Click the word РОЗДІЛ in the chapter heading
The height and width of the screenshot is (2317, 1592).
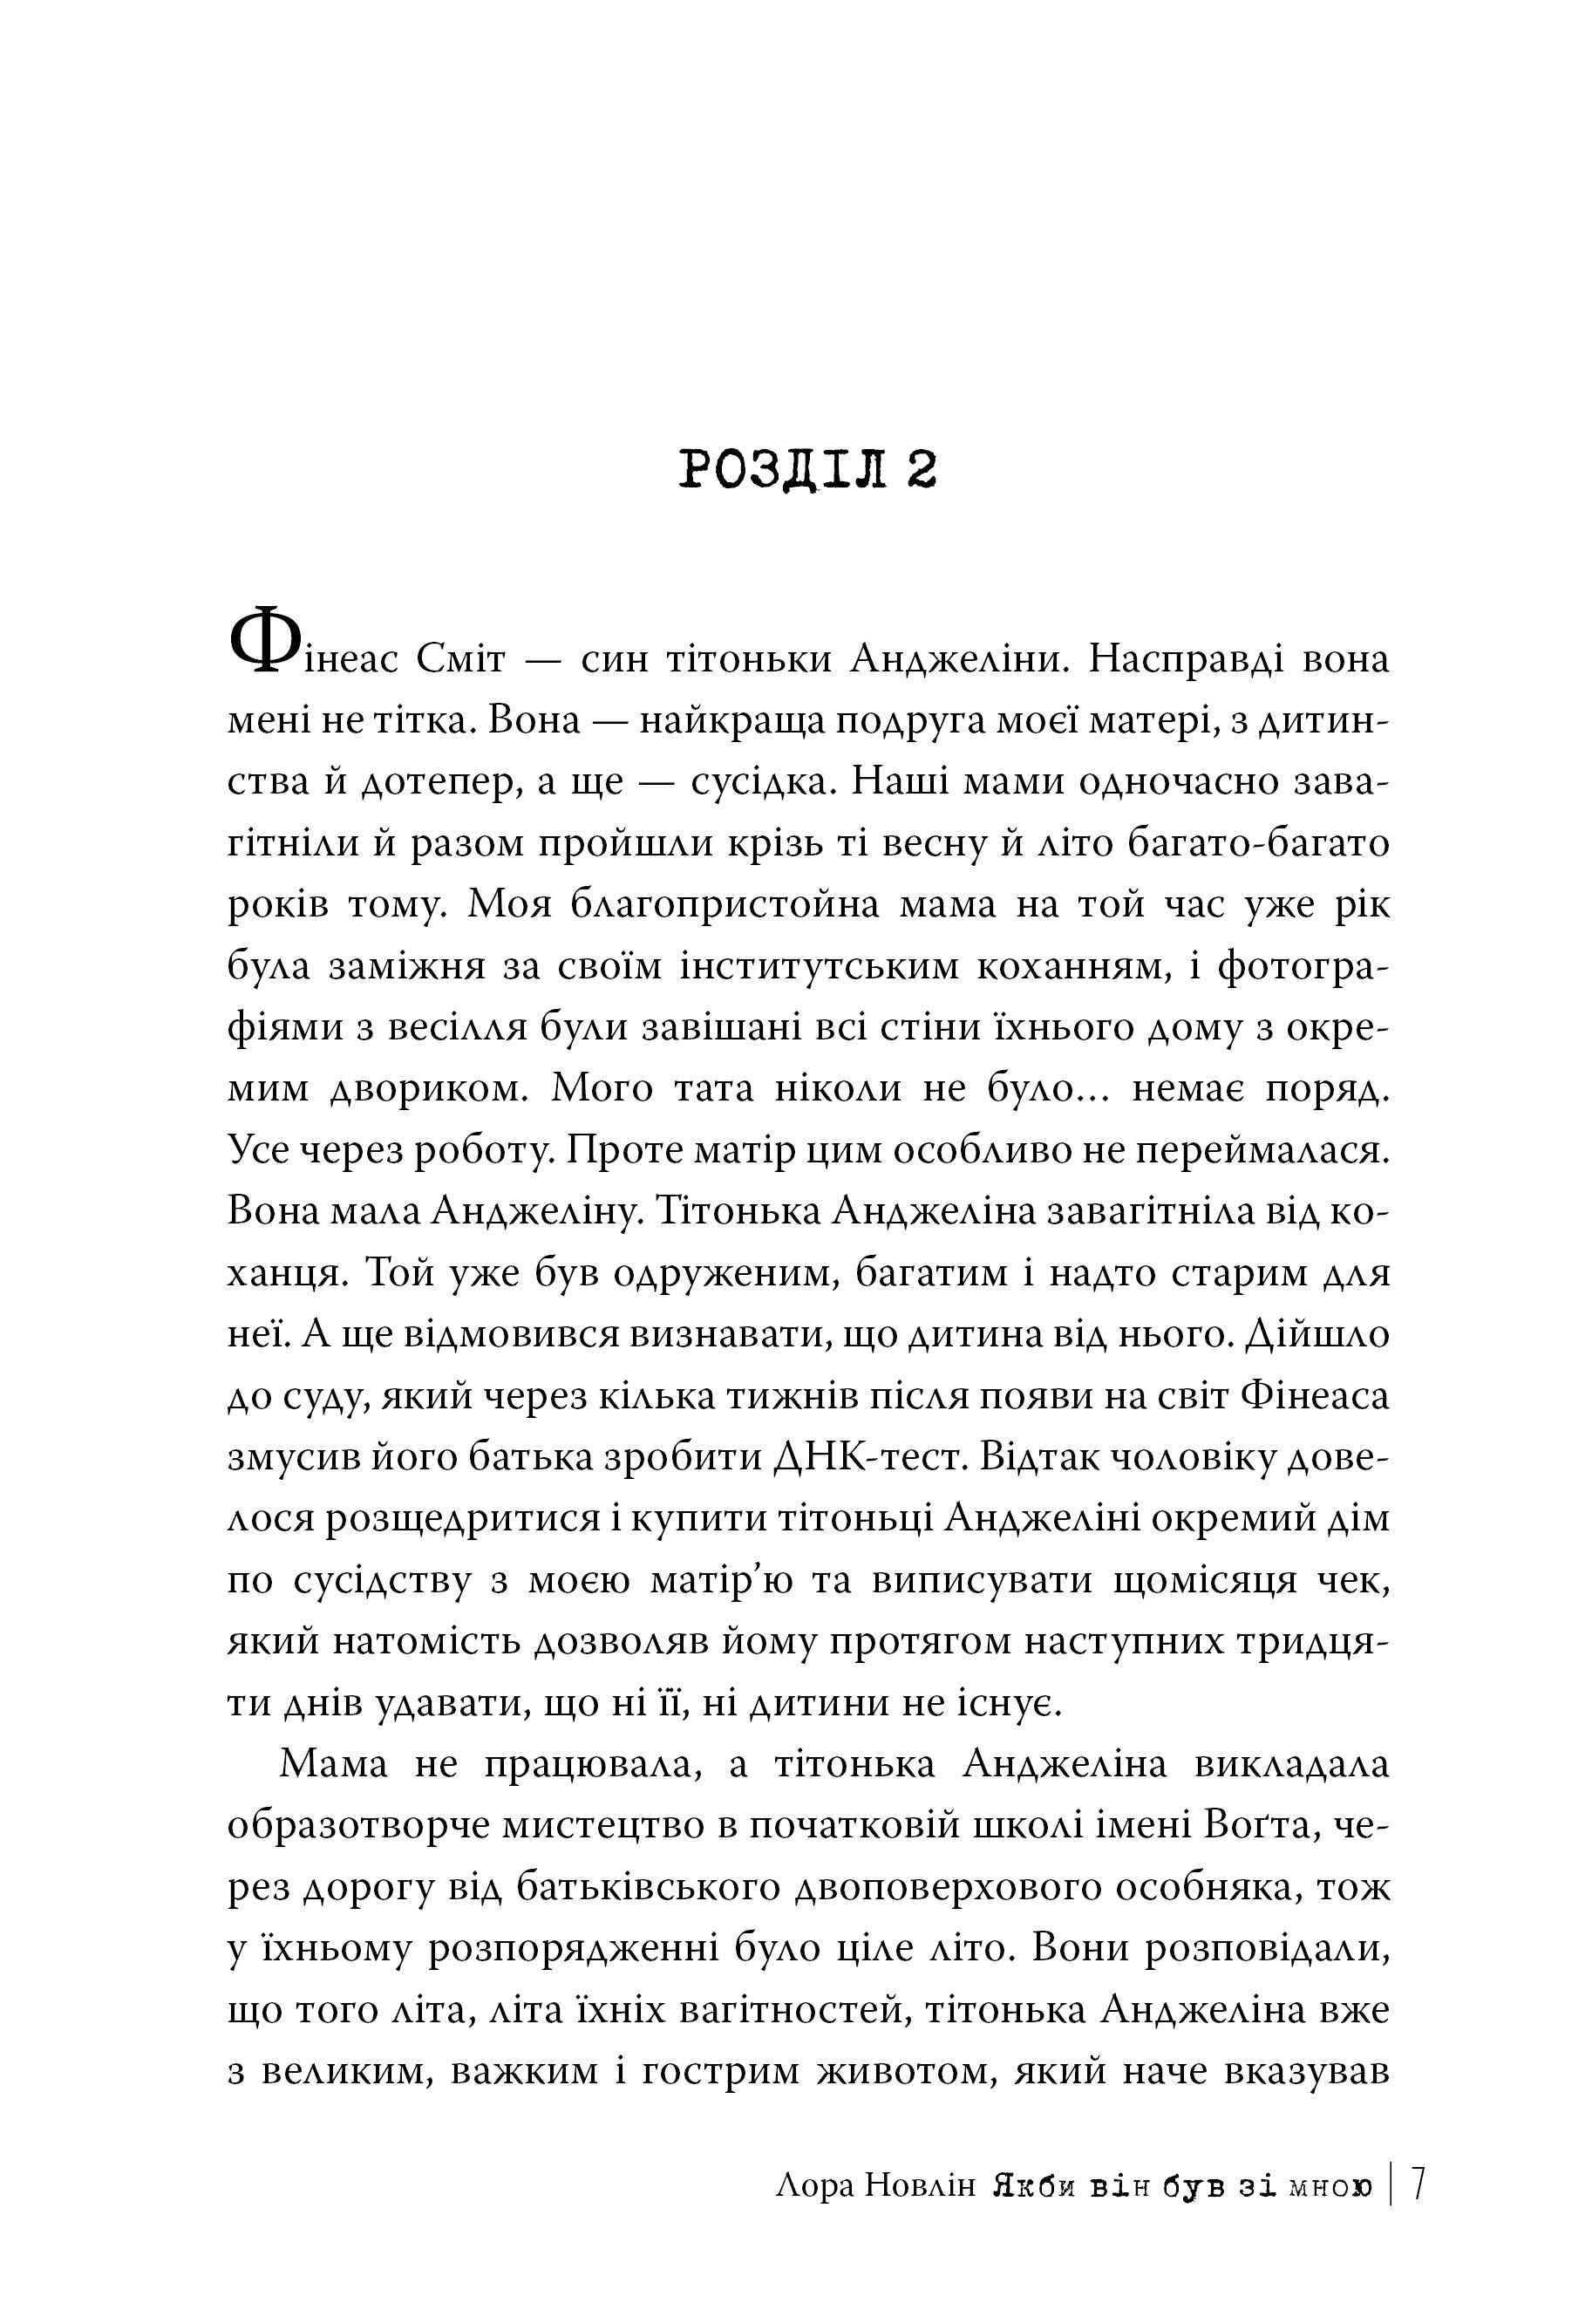point(782,470)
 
